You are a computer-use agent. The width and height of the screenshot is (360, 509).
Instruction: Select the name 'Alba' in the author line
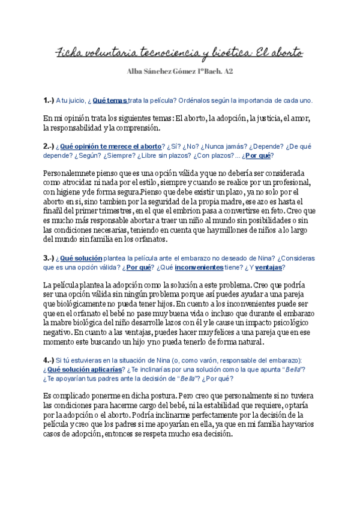(x=136, y=73)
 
